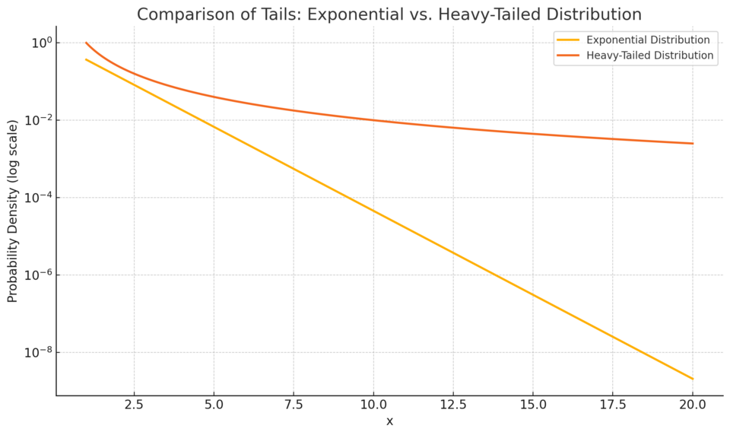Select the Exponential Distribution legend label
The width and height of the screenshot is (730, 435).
[x=648, y=40]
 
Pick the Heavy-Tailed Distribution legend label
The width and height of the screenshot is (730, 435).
[x=650, y=56]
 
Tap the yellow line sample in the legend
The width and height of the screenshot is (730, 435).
[x=568, y=40]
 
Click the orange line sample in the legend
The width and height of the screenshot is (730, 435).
[x=568, y=56]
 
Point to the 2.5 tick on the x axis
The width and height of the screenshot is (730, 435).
[x=134, y=405]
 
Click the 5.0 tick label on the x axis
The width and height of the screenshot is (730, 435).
[x=214, y=405]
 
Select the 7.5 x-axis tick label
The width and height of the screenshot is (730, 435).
[x=294, y=405]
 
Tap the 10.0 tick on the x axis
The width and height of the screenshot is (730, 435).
[x=373, y=405]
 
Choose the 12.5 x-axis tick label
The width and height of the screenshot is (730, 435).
[x=453, y=405]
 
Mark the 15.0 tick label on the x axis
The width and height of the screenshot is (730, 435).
[x=533, y=405]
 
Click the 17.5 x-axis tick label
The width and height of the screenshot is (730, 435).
[x=613, y=405]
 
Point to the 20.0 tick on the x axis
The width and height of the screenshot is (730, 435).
[x=693, y=405]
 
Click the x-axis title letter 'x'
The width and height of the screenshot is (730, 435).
[x=389, y=421]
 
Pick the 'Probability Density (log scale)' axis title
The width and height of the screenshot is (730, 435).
[x=13, y=211]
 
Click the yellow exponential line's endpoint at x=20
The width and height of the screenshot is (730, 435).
[x=693, y=379]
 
